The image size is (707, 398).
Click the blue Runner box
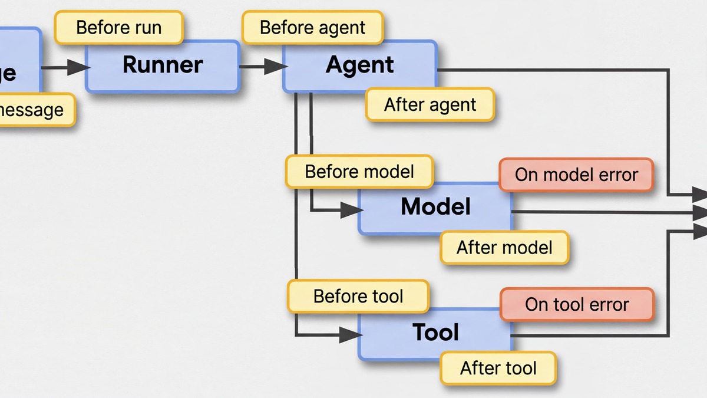(x=163, y=66)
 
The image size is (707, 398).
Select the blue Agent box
(x=359, y=65)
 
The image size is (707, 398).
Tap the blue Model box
(x=435, y=208)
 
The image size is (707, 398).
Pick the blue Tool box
(x=435, y=333)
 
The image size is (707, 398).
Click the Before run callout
(x=118, y=28)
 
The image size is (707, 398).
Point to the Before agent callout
(x=312, y=28)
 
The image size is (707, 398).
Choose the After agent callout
(x=430, y=105)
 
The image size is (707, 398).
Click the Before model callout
(x=359, y=172)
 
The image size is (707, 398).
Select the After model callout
(x=504, y=247)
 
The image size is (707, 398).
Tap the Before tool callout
(x=358, y=296)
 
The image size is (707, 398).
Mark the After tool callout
(x=498, y=369)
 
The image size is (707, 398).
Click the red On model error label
(x=576, y=175)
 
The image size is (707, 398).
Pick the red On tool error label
(x=577, y=304)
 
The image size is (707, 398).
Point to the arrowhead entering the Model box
(x=351, y=209)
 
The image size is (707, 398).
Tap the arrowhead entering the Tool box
(x=351, y=335)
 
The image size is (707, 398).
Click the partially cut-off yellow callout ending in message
(x=32, y=110)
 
